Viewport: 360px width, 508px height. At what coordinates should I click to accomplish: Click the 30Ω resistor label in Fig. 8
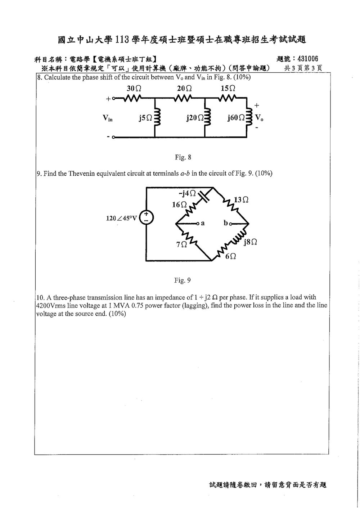coord(134,89)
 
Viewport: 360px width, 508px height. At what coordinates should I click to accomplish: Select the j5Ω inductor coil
coord(157,117)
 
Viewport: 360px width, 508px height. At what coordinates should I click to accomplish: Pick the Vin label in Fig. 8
coord(107,118)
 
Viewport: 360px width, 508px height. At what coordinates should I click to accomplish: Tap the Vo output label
coord(259,118)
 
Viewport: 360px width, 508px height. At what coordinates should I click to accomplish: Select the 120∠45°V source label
coord(122,218)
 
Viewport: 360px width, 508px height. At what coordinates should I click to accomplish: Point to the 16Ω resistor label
coord(179,205)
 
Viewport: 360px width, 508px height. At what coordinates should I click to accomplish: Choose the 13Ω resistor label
coord(241,200)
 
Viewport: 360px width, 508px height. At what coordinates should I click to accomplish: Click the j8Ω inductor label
coord(250,242)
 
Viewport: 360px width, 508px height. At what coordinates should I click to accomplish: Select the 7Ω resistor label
coord(181,245)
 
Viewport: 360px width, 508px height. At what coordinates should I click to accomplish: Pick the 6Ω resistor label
coord(230,256)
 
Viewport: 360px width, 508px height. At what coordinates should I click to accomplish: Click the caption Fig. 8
coord(183,157)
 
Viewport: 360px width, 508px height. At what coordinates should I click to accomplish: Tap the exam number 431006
coord(308,59)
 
